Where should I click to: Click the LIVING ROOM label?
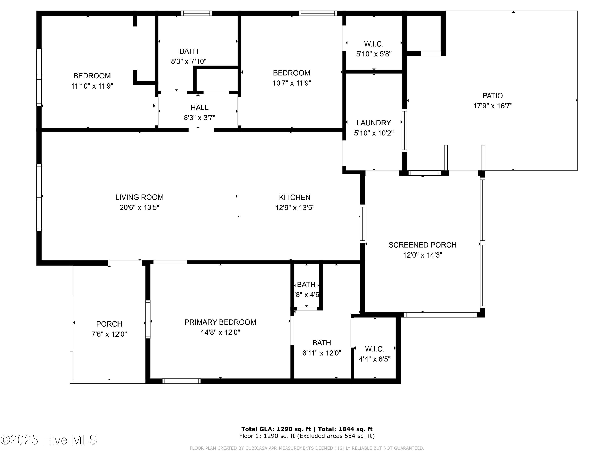[x=139, y=197]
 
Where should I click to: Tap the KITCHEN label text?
[x=295, y=197]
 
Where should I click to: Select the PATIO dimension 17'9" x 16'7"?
[x=493, y=106]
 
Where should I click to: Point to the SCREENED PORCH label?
[x=422, y=245]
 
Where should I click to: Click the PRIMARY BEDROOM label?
[x=220, y=322]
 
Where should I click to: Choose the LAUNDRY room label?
[x=374, y=123]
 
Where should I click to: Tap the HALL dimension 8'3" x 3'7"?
[x=199, y=118]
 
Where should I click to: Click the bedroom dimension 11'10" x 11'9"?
[x=92, y=86]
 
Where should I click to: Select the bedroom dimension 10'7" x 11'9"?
[x=291, y=83]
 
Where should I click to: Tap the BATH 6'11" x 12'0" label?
[x=322, y=348]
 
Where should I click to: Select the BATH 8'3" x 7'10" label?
[x=188, y=56]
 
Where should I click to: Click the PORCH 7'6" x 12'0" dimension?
[x=109, y=334]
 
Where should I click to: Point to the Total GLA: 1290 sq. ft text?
[x=276, y=429]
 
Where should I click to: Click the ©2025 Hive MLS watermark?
[x=49, y=440]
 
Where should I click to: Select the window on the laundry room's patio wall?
[x=404, y=130]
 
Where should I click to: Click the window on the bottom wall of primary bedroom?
[x=181, y=381]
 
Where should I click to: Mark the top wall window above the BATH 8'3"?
[x=196, y=13]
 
